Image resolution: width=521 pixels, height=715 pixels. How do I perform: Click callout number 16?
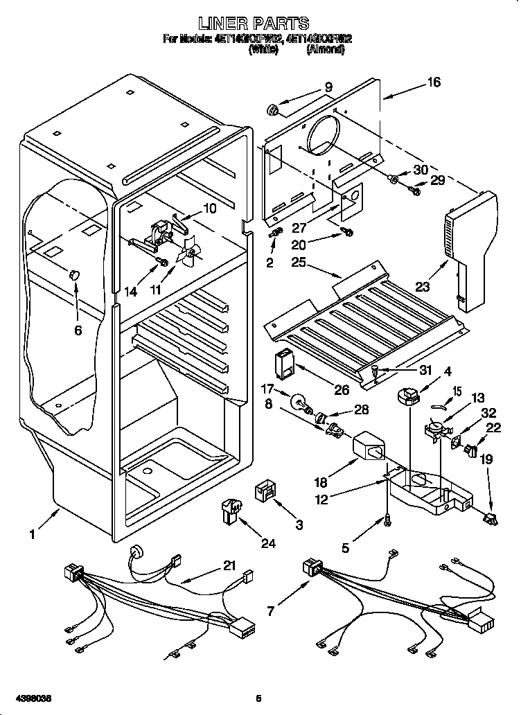433,83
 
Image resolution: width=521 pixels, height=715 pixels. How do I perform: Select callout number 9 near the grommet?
328,87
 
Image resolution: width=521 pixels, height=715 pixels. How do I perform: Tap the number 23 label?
422,285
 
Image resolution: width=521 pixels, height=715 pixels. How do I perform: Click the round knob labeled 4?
407,396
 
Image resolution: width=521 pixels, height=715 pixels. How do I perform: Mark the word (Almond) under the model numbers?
324,50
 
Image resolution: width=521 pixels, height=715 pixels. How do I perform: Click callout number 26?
342,389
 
